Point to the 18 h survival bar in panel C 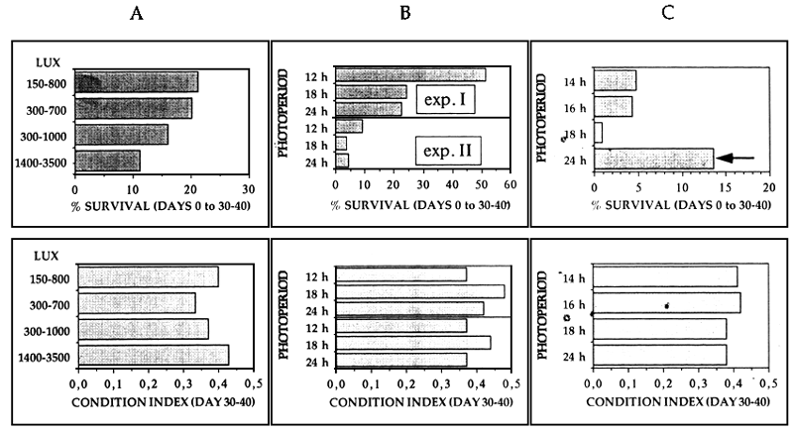pyautogui.click(x=598, y=132)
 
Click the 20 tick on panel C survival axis pyautogui.click(x=768, y=185)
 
